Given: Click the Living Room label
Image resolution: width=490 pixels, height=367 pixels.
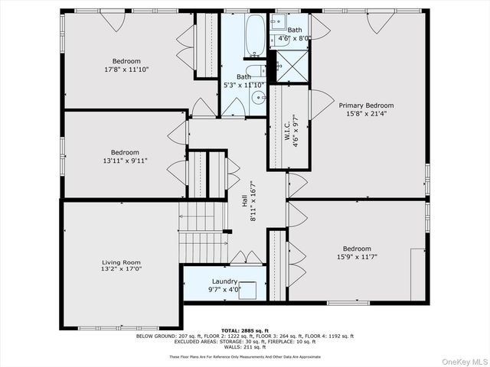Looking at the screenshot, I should click(x=121, y=261).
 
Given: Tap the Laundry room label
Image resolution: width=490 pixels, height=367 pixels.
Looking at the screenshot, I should click(x=224, y=281).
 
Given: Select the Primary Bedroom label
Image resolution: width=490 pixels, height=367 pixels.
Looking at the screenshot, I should click(x=366, y=106).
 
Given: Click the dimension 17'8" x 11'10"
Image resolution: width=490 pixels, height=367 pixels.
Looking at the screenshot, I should click(x=126, y=70).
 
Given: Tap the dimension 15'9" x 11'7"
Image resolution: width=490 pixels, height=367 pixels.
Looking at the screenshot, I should click(x=357, y=257).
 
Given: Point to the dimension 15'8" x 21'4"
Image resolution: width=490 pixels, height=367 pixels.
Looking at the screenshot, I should click(x=366, y=114).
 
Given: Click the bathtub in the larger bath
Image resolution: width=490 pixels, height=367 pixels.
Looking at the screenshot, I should click(x=255, y=34).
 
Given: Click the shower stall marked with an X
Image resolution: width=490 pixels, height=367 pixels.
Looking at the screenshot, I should click(x=290, y=64).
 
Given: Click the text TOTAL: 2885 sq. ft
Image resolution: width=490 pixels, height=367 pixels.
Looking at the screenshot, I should click(x=244, y=330).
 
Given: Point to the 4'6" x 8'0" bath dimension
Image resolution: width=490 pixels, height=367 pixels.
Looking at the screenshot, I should click(x=294, y=37).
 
